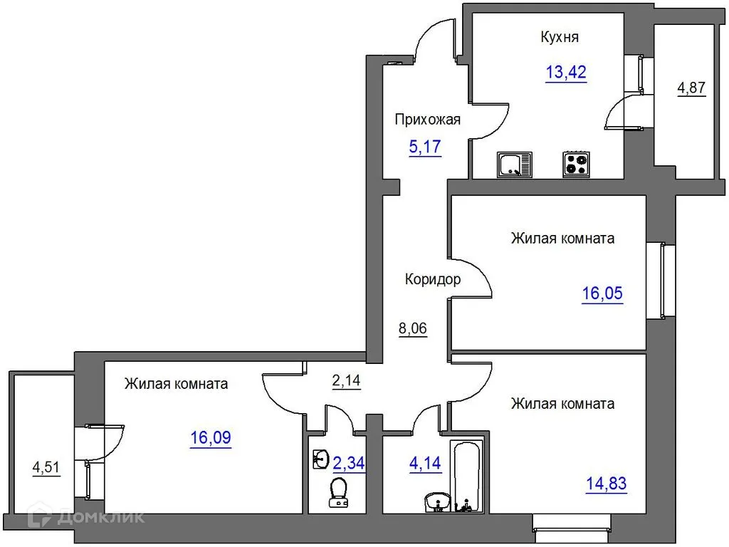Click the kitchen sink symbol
point(514,165)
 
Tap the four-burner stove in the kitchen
point(576,165)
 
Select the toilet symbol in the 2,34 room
point(338,493)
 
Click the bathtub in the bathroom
point(467,476)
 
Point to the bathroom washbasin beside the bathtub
point(438,502)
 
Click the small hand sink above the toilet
point(321,459)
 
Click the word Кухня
point(560,37)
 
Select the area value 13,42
point(566,73)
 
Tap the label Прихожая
point(427,120)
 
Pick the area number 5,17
point(425,147)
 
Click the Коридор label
point(433,279)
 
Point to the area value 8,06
point(413,328)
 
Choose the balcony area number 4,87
point(691,88)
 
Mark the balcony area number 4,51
point(46,467)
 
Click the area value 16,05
point(602,293)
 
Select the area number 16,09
point(211,438)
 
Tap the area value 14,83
point(607,484)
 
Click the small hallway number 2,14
point(347,380)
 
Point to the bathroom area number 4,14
point(425,463)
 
